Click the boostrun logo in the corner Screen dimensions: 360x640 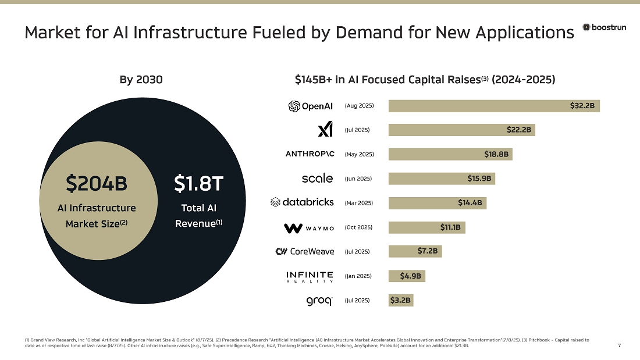point(605,27)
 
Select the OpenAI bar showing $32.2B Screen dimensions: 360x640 point(494,106)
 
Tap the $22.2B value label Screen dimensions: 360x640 point(518,130)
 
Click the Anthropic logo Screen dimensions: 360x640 point(310,154)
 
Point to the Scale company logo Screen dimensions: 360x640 point(317,178)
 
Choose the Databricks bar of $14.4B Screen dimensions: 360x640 point(437,203)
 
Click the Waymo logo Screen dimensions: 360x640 point(309,228)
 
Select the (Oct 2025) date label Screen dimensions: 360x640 point(358,227)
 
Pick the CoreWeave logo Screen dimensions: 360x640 point(304,252)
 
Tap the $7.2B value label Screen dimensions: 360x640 point(428,251)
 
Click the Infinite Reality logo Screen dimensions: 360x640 point(310,276)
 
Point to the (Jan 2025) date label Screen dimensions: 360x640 point(358,276)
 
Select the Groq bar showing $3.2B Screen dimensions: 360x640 point(400,301)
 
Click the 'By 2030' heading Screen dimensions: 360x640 point(141,79)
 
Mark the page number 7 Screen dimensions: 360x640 point(619,346)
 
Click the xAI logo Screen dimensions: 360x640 point(325,129)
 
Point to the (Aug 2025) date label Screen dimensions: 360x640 point(359,106)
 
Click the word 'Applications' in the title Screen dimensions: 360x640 point(525,33)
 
